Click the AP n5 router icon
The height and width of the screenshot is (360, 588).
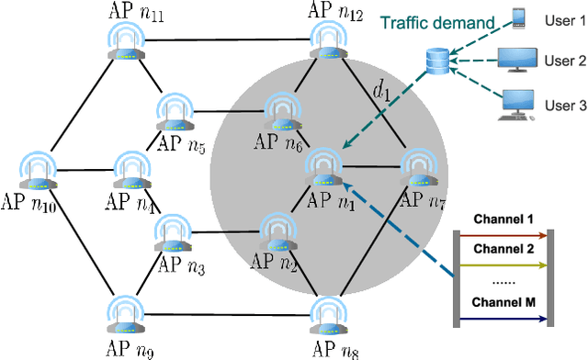[x=173, y=112]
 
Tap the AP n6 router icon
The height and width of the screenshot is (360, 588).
[x=280, y=110]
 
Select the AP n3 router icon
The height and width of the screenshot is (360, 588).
[x=173, y=233]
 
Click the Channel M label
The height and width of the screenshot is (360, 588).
[x=503, y=302]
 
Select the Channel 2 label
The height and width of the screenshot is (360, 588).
[x=503, y=249]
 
